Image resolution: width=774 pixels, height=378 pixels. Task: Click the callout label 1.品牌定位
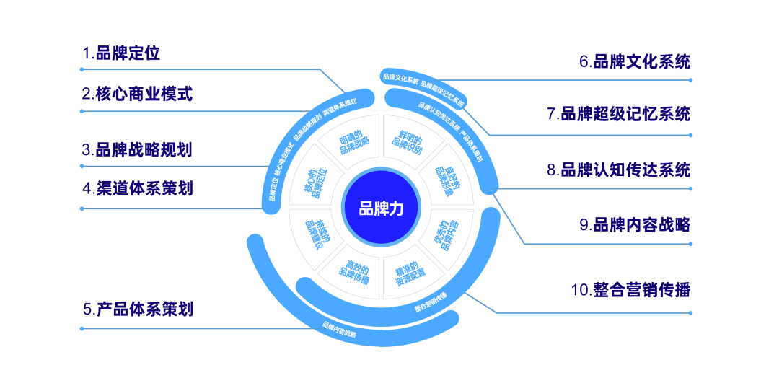tap(120, 53)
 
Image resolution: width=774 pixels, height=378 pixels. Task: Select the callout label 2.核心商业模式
tap(136, 94)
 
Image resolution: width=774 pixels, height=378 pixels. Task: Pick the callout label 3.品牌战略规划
tap(136, 149)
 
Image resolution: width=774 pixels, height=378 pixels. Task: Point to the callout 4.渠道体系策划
tap(136, 189)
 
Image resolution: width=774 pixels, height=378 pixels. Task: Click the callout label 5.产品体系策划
tap(137, 310)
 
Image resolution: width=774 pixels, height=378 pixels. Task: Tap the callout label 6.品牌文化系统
tap(634, 61)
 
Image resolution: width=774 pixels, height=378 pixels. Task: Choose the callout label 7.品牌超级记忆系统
tap(617, 114)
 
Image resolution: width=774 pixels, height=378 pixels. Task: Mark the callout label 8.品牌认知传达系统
tap(617, 170)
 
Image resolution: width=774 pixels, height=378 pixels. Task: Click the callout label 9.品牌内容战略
tap(634, 225)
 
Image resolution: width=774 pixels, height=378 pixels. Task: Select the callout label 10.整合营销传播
tap(630, 291)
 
